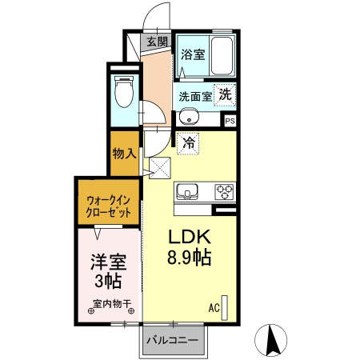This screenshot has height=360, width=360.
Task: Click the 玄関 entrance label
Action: point(156,42)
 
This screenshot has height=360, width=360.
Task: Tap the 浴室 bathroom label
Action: point(192,55)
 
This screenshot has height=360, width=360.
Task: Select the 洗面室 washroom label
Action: point(195,96)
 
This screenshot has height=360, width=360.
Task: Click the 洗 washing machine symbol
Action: point(226,94)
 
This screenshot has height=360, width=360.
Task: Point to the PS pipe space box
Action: point(230,121)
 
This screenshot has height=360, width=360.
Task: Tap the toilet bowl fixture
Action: point(124,92)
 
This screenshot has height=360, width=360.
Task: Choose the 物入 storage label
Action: point(124,152)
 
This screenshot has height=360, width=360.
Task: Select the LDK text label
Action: point(190,238)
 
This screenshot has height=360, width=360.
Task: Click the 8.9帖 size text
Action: point(190,259)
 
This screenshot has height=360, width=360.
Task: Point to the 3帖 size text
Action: point(107,282)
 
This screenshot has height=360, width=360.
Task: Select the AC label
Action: point(214,307)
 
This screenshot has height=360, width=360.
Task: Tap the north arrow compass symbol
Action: point(271,339)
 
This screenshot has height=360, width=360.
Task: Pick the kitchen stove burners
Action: point(223,192)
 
